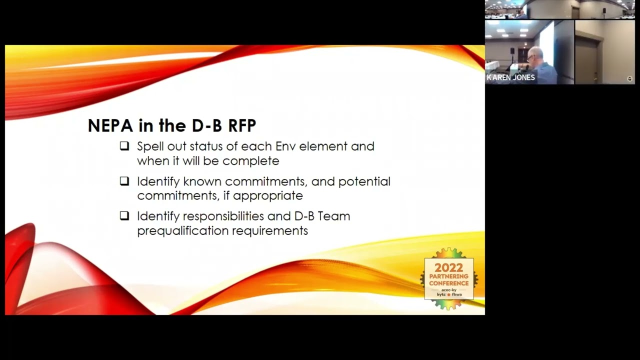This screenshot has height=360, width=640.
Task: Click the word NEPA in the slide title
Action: coord(110,125)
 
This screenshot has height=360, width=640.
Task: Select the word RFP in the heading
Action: coord(241,125)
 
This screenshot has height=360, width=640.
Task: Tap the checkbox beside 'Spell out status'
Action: coord(124,146)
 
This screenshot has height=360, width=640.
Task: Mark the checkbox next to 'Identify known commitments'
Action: coord(124,181)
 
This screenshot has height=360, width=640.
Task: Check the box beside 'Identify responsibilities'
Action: coord(124,216)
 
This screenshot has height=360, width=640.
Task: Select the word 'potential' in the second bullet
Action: coord(364,181)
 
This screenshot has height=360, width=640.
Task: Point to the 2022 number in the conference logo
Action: coord(448,268)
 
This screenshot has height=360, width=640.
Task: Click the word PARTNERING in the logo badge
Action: coord(448,276)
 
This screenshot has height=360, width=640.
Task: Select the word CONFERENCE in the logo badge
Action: coord(448,283)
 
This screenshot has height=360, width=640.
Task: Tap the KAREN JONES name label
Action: coord(511,77)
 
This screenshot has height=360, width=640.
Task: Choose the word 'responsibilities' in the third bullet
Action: coord(223,216)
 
